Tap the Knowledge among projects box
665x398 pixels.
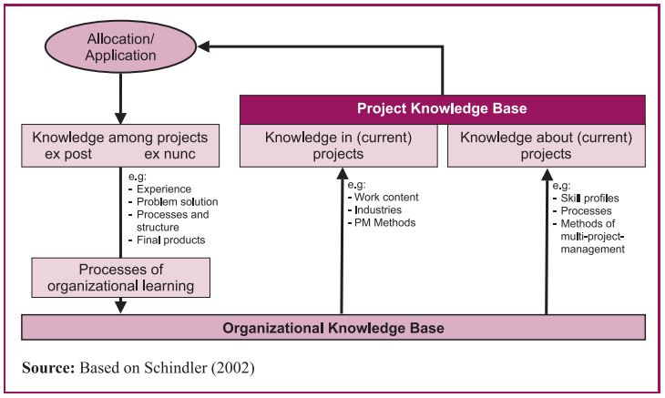click(120, 146)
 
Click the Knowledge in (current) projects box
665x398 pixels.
click(339, 146)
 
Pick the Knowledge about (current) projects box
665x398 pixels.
click(546, 146)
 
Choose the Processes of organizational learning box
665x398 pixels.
click(121, 278)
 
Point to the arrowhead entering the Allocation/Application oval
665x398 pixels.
click(206, 46)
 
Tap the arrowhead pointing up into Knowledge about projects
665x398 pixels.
click(547, 174)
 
